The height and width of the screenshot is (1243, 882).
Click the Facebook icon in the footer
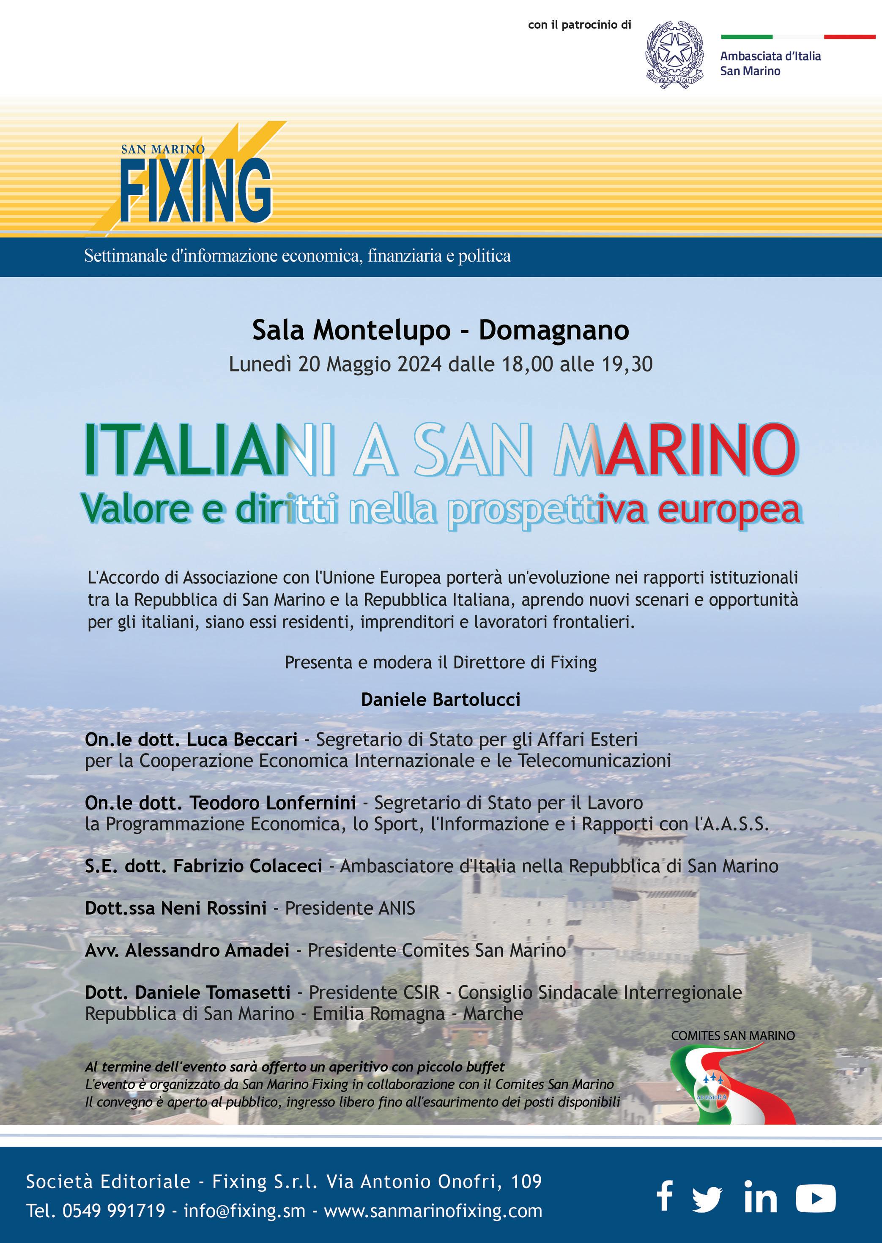tap(665, 1197)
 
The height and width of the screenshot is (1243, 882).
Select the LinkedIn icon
tap(760, 1197)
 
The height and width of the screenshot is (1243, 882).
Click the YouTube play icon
tap(815, 1197)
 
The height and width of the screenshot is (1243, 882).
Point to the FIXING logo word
tap(195, 191)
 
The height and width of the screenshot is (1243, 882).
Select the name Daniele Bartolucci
tap(441, 699)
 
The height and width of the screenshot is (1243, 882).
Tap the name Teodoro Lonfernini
tap(273, 802)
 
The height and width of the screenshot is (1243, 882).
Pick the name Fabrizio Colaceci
tap(248, 866)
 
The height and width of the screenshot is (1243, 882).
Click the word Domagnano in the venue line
tap(553, 330)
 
